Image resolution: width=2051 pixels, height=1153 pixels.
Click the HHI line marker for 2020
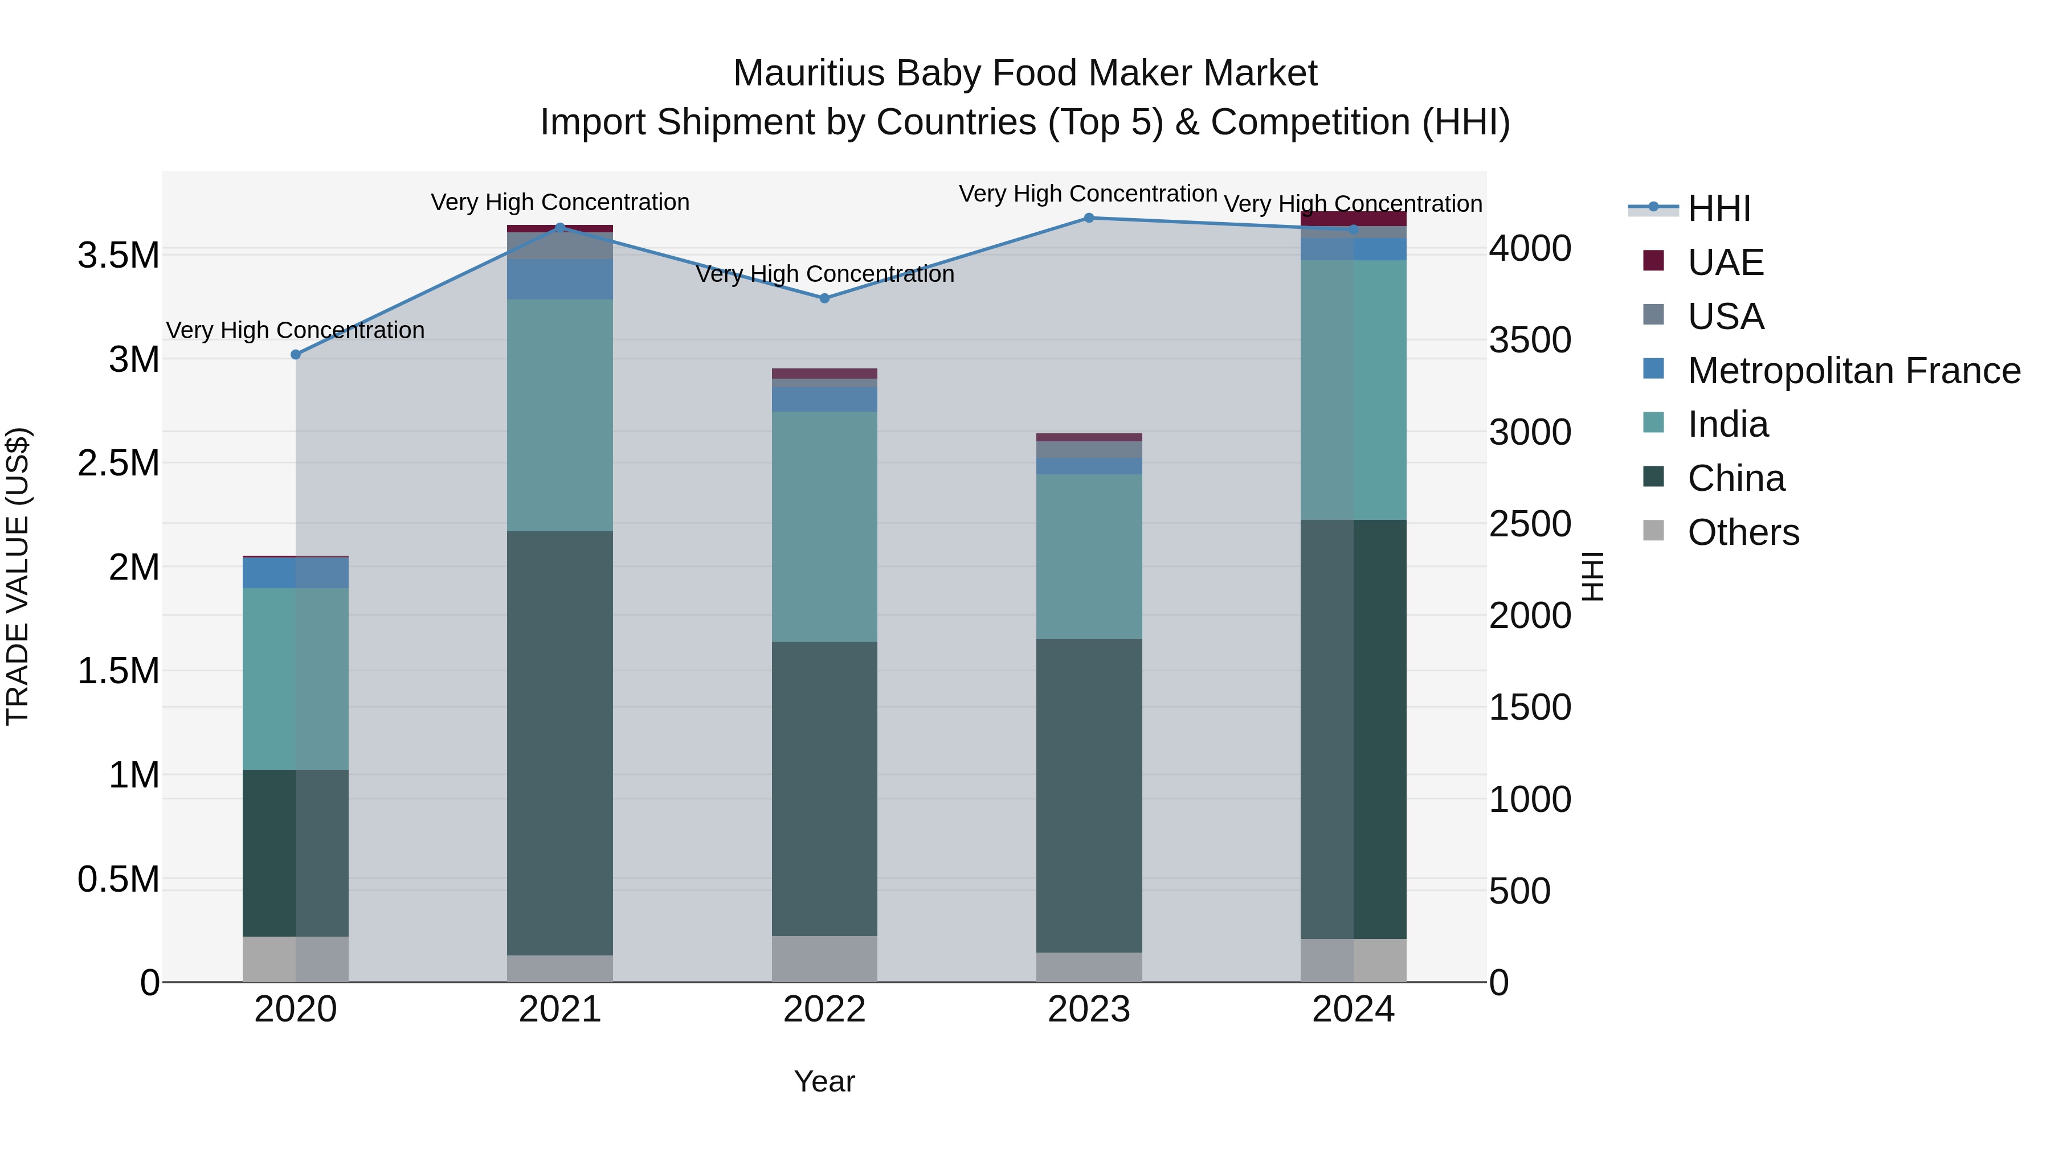(295, 355)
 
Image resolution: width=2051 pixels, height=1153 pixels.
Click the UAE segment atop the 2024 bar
(1354, 219)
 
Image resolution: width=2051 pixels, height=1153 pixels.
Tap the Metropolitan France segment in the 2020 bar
(295, 573)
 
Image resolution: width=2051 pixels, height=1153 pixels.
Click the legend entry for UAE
(1725, 262)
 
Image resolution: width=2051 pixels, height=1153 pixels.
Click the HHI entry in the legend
(1718, 208)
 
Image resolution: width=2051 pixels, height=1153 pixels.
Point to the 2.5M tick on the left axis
(119, 463)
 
